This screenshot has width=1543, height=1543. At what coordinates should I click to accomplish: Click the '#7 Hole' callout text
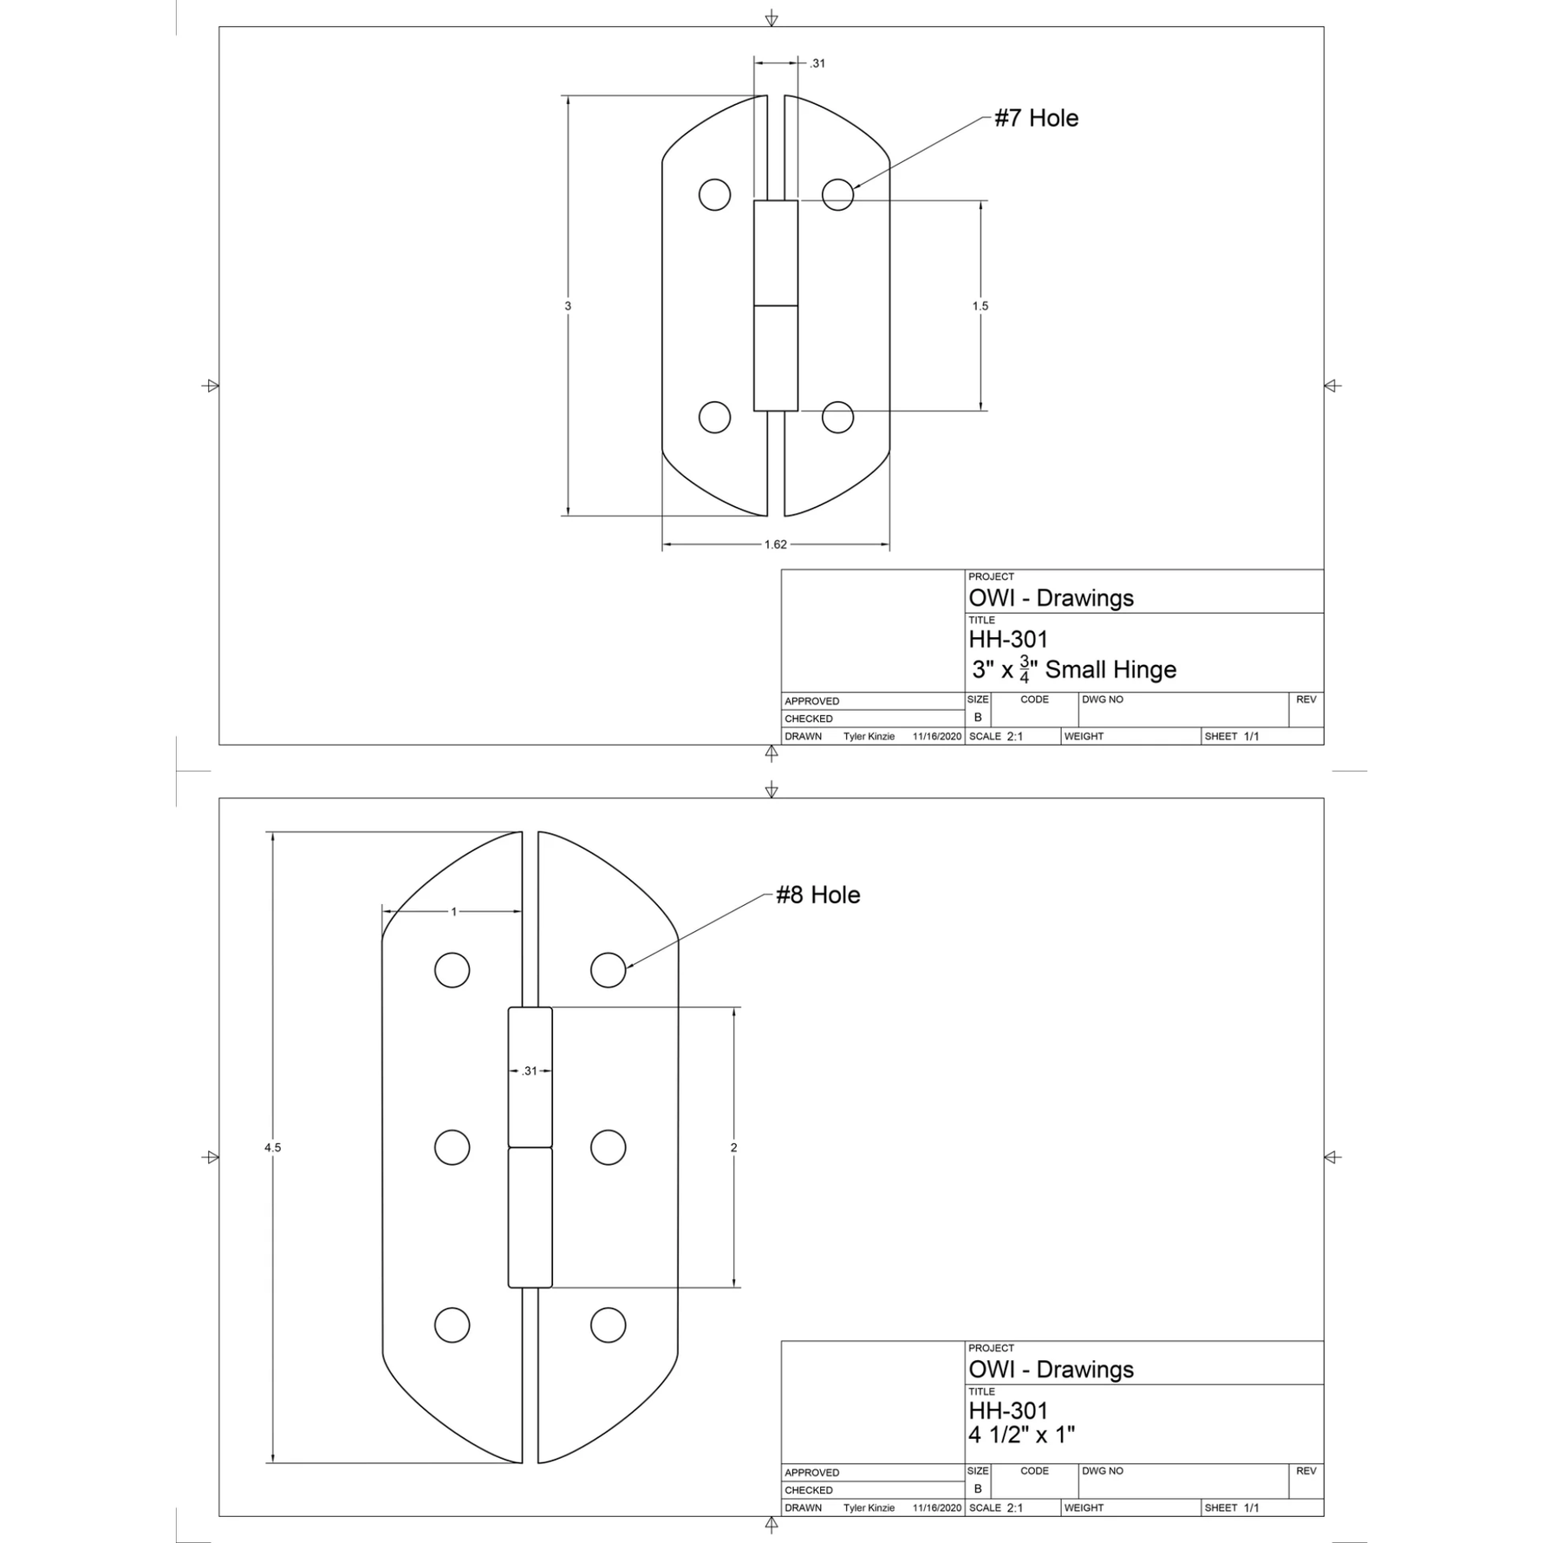point(1036,118)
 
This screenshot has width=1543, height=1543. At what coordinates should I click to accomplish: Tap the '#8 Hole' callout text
point(817,895)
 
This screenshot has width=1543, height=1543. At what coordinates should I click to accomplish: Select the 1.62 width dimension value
point(775,544)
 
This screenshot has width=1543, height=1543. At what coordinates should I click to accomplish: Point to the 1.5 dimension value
point(980,306)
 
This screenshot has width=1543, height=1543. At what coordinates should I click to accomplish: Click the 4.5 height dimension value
point(272,1147)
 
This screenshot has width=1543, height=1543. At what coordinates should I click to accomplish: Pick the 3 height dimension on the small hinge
point(568,306)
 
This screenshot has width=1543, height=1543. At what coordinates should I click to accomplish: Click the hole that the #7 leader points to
point(837,194)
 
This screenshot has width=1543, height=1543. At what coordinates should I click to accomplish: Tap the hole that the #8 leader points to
point(608,969)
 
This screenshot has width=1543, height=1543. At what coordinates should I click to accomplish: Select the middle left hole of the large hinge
point(452,1147)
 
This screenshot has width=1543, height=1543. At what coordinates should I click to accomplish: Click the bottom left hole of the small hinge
point(714,417)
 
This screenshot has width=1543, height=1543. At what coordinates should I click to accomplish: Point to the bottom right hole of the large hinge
point(608,1325)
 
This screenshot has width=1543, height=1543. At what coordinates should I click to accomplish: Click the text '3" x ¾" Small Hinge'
point(1073,669)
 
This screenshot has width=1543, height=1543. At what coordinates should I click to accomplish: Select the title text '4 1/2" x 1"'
point(1021,1435)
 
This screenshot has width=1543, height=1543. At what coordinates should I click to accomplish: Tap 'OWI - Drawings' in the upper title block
point(1051,598)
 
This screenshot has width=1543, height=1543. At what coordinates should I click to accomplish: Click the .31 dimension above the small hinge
point(817,63)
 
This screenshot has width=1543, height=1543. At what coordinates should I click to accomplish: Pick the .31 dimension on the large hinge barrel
point(530,1071)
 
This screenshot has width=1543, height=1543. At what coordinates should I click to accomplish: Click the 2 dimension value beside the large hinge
point(733,1147)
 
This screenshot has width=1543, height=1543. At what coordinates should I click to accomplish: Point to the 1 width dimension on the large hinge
point(453,911)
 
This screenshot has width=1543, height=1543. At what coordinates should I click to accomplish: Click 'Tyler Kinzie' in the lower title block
point(869,1507)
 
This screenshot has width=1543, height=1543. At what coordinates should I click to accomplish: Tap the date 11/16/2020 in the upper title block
point(937,736)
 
